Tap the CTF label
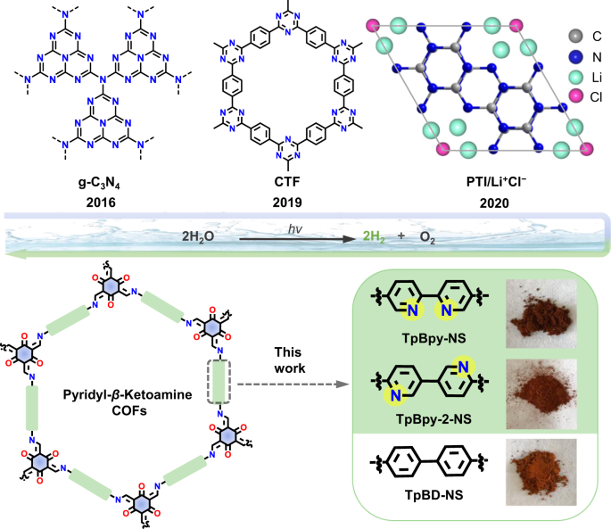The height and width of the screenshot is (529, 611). tap(285, 186)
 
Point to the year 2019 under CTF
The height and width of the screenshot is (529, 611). tap(285, 203)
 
